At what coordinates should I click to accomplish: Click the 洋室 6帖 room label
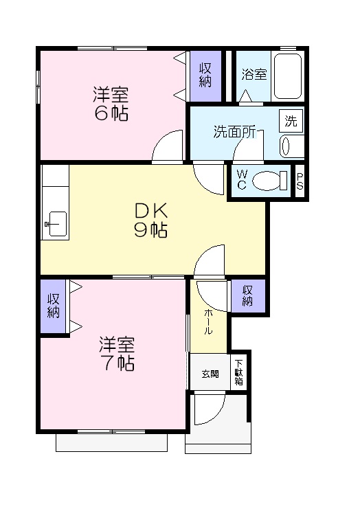[111, 103]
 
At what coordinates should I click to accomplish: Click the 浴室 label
[254, 74]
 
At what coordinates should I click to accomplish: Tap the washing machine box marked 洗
[291, 122]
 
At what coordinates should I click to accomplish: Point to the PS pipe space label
[300, 181]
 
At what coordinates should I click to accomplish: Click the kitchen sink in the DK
[54, 224]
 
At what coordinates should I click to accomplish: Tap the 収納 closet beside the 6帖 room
[205, 75]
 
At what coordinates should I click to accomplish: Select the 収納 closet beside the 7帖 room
[53, 306]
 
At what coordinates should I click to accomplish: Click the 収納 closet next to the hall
[247, 295]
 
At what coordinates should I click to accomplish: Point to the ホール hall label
[207, 321]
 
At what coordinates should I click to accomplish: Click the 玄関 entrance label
[210, 374]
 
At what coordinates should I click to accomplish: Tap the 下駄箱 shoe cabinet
[239, 372]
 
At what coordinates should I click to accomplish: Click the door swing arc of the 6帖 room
[167, 148]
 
